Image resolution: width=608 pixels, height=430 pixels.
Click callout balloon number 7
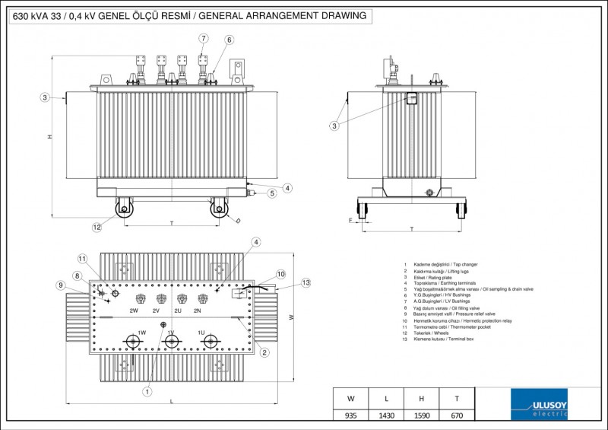[x=204, y=38]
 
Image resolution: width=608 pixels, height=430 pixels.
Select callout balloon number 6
[x=229, y=40]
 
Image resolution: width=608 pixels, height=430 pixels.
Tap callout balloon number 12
[x=97, y=227]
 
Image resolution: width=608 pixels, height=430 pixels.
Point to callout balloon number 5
[x=272, y=194]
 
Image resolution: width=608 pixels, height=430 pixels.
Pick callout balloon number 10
[x=280, y=273]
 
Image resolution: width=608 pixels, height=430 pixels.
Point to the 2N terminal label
[x=198, y=311]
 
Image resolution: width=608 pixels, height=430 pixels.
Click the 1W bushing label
[x=141, y=333]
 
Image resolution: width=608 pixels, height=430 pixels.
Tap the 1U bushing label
[x=201, y=333]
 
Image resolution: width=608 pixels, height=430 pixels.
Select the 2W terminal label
[x=134, y=311]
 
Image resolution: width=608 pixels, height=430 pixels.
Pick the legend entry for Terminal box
[x=445, y=339]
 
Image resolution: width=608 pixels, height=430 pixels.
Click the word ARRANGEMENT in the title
[x=284, y=15]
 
